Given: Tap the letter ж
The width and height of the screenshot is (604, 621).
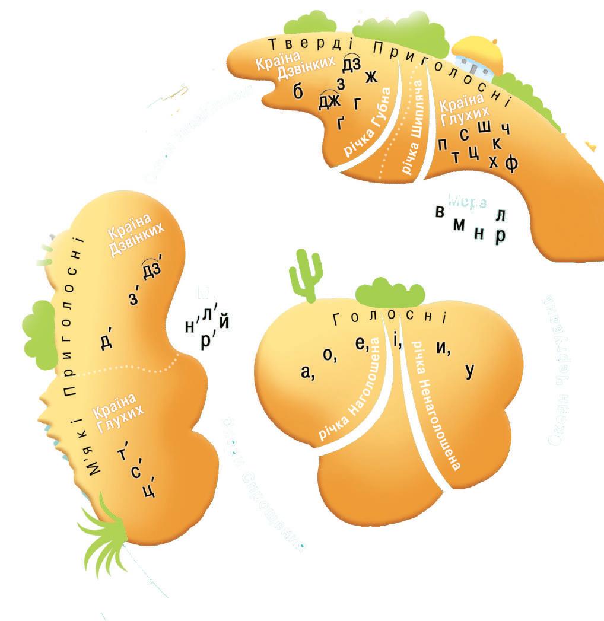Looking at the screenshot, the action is click(x=371, y=77).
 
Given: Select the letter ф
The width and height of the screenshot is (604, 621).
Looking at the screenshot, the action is click(x=511, y=163).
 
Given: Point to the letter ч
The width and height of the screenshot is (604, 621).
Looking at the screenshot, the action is click(x=506, y=130).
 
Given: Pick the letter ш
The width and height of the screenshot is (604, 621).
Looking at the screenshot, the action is click(x=484, y=126).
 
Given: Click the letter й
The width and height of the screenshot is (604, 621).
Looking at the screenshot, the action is click(x=224, y=323).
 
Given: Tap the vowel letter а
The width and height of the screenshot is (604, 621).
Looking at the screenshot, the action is click(x=306, y=372).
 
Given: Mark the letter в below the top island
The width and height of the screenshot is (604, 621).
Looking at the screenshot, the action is click(x=440, y=213).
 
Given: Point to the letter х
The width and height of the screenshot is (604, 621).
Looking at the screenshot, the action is click(x=493, y=162).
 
